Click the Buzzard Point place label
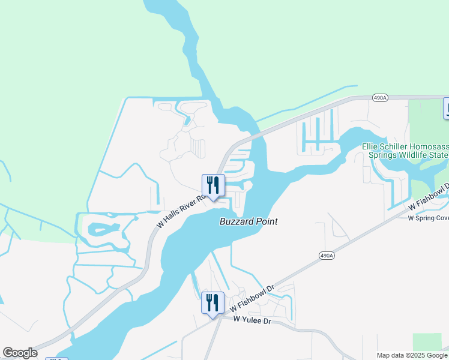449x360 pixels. (x=247, y=221)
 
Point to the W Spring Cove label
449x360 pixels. (x=428, y=218)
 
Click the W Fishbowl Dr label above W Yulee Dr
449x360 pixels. (x=252, y=298)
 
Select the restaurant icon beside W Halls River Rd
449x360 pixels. (x=212, y=186)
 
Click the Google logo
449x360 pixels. (x=20, y=353)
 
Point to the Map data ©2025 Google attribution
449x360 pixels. (x=412, y=355)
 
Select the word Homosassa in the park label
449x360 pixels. (x=432, y=146)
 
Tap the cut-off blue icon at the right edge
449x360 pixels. (x=446, y=108)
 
